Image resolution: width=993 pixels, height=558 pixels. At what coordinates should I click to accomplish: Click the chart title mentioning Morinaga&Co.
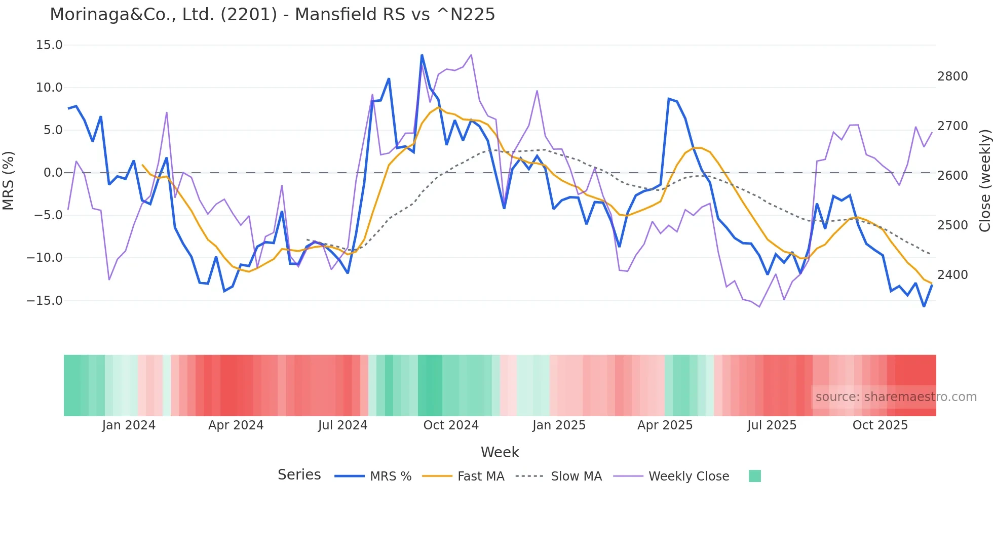pyautogui.click(x=272, y=15)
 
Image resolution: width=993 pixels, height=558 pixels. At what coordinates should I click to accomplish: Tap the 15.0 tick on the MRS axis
pyautogui.click(x=49, y=45)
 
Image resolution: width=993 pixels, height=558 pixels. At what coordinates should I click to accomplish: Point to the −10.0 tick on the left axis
pyautogui.click(x=45, y=258)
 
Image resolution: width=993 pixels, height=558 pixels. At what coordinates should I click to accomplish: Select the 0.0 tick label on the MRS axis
pyautogui.click(x=53, y=173)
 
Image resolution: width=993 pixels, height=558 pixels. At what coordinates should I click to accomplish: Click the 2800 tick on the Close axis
pyautogui.click(x=952, y=76)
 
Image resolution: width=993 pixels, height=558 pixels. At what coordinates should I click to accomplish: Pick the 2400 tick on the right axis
pyautogui.click(x=952, y=275)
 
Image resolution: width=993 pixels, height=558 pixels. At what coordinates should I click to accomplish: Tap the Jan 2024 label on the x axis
pyautogui.click(x=129, y=425)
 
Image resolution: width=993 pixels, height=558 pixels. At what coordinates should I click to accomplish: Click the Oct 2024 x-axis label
pyautogui.click(x=451, y=425)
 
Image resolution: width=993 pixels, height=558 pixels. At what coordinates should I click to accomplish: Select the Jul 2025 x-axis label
pyautogui.click(x=772, y=425)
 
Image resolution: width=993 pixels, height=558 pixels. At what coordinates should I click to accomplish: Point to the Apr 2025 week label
pyautogui.click(x=665, y=425)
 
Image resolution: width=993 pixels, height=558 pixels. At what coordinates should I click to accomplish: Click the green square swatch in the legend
pyautogui.click(x=754, y=476)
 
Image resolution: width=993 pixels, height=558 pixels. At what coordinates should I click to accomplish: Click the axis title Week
pyautogui.click(x=500, y=452)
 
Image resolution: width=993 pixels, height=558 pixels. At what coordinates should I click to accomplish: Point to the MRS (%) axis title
pyautogui.click(x=9, y=180)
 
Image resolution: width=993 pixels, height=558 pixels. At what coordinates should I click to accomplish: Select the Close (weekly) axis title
pyautogui.click(x=984, y=181)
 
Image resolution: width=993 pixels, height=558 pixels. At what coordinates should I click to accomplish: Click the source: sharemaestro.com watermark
pyautogui.click(x=896, y=397)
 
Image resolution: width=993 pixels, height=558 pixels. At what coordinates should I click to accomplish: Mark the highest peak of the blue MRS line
pyautogui.click(x=422, y=55)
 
